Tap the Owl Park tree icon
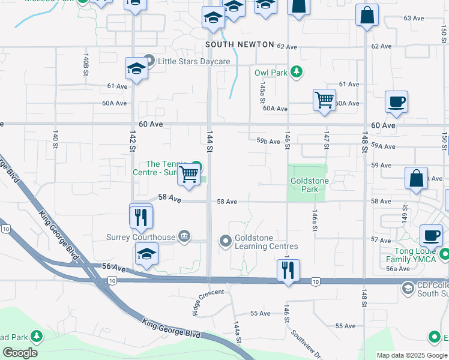pos(295,73)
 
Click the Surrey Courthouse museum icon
pos(184,236)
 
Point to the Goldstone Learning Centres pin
pos(226,242)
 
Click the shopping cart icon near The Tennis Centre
pos(190,175)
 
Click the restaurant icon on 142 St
pos(141,217)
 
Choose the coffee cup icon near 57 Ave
pos(430,235)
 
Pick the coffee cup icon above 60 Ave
pos(396,102)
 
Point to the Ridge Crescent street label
pos(208,296)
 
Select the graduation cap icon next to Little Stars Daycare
pos(137,68)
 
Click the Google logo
pos(20,352)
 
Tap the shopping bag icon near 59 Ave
pos(415,178)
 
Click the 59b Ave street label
pos(268,142)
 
